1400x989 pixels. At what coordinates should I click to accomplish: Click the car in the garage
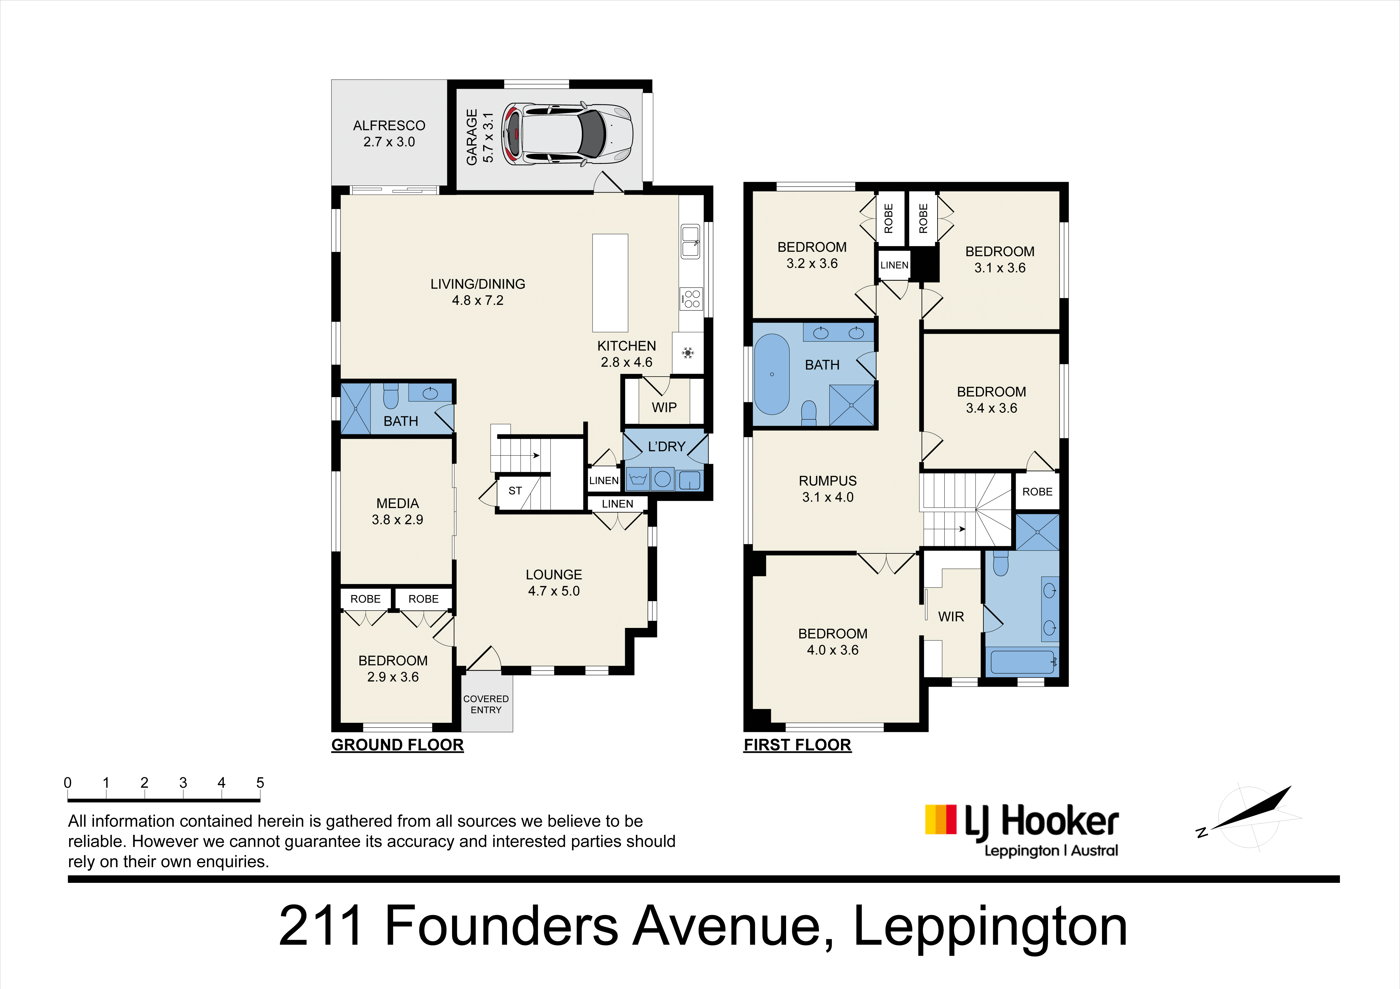[x=567, y=134]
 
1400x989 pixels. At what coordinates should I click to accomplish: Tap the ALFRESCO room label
[x=389, y=126]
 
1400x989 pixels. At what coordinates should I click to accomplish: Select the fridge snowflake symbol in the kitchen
[x=688, y=353]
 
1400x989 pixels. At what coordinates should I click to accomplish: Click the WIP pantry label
[x=664, y=408]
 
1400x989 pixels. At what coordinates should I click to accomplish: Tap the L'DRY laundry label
[x=667, y=447]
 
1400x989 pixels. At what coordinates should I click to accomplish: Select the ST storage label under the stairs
[x=515, y=490]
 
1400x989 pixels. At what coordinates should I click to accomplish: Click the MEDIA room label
[x=398, y=503]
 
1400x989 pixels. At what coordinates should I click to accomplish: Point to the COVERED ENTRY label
[x=486, y=704]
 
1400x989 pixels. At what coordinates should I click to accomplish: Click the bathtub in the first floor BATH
[x=772, y=374]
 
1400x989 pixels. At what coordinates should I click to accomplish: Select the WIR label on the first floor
[x=951, y=617]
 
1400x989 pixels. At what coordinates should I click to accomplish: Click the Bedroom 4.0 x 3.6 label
[x=833, y=642]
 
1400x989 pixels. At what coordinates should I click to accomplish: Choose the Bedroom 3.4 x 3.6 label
[x=991, y=400]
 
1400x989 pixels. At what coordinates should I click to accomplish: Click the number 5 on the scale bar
[x=260, y=782]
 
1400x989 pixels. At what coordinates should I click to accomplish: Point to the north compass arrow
[x=1251, y=808]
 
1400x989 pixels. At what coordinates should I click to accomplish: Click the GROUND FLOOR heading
[x=398, y=745]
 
